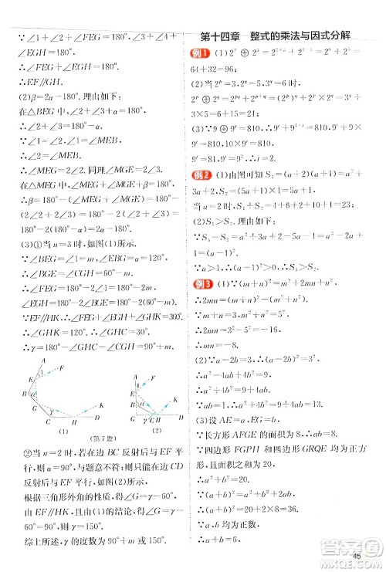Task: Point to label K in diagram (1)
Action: pyautogui.click(x=100, y=404)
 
